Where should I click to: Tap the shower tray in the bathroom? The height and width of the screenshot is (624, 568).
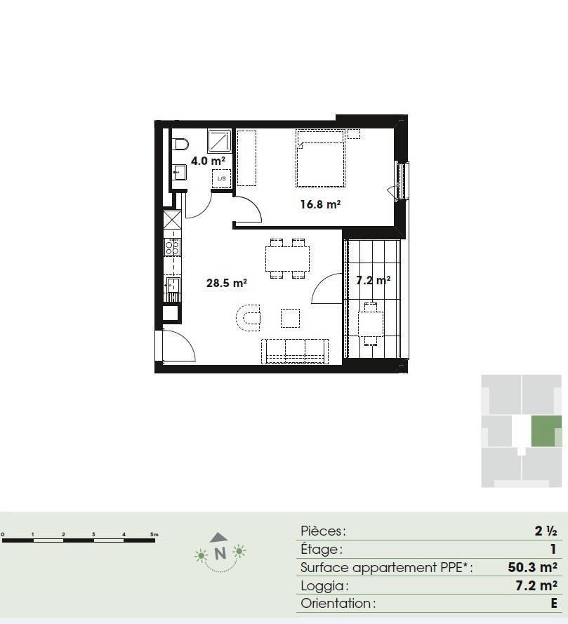(x=220, y=141)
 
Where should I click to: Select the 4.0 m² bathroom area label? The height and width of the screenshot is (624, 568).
(x=209, y=161)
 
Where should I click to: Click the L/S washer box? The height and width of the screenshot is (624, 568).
(x=222, y=179)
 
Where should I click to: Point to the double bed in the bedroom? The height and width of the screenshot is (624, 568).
(x=320, y=159)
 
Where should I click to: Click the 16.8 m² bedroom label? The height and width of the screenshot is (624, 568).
(x=320, y=204)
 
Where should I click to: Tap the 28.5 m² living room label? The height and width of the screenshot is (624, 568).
(x=227, y=283)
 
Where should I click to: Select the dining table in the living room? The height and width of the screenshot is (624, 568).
(x=287, y=258)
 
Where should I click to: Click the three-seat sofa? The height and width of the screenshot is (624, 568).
(x=295, y=352)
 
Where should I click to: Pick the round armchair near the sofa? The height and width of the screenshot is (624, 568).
(x=248, y=317)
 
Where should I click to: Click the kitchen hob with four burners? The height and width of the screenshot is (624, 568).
(x=172, y=247)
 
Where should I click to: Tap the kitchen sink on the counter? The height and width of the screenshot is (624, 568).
(x=173, y=285)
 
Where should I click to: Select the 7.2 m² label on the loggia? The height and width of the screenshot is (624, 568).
(x=373, y=281)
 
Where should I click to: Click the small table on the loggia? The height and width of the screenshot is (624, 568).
(x=371, y=324)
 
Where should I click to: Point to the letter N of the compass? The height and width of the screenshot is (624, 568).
(x=220, y=554)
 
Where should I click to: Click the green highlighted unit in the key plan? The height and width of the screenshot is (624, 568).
(x=546, y=431)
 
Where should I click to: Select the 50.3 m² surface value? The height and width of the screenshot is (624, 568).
(x=532, y=567)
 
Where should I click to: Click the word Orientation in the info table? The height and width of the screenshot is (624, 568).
(x=336, y=604)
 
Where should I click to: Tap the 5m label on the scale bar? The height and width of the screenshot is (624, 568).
(x=154, y=534)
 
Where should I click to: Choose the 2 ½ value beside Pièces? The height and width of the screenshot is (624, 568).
(x=546, y=531)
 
